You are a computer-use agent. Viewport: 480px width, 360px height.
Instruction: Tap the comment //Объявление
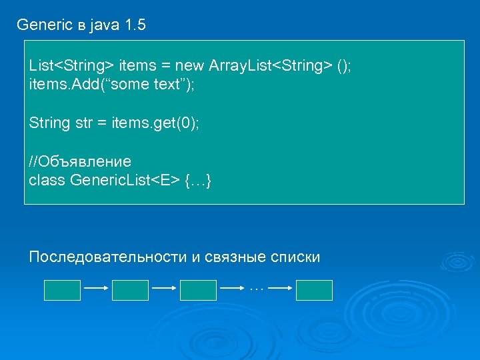tap(80, 162)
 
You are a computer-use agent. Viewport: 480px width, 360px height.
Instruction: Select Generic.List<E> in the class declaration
tap(124, 181)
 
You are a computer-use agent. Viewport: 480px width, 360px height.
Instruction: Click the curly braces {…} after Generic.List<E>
tap(198, 181)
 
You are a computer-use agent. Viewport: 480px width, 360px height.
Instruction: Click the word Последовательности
tap(109, 257)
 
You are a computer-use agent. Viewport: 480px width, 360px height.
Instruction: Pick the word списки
tap(296, 257)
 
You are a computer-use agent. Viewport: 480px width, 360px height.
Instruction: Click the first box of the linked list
tap(62, 290)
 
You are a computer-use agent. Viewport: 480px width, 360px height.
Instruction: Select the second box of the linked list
tap(130, 290)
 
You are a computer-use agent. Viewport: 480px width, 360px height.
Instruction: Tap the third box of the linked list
tap(198, 290)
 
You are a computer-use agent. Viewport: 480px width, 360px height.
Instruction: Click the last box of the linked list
tap(314, 290)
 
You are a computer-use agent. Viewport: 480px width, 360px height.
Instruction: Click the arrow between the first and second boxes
tap(96, 289)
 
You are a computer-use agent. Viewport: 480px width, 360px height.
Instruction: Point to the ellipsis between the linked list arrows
tap(257, 289)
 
